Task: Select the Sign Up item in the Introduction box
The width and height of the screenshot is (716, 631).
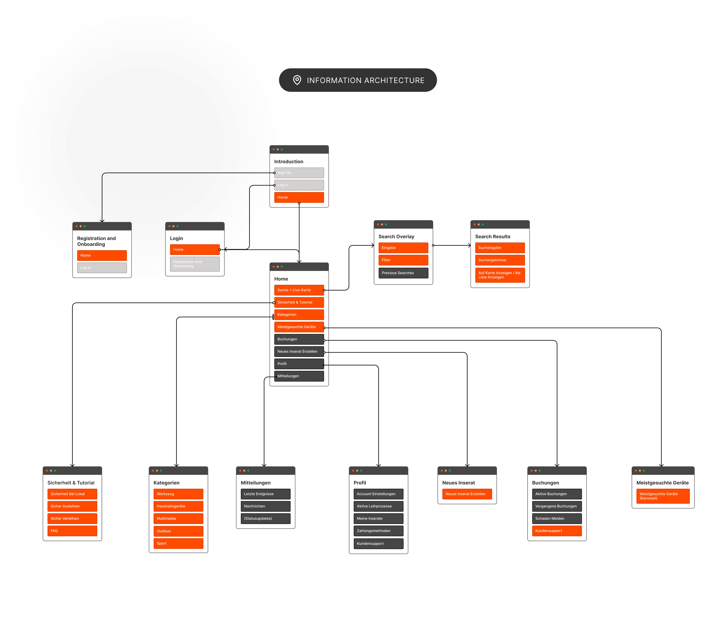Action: pos(299,173)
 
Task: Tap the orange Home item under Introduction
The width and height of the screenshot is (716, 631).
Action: pos(299,197)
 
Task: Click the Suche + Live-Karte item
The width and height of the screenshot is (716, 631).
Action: pos(299,290)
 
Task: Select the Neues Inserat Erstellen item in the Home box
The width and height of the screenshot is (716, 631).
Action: pos(299,351)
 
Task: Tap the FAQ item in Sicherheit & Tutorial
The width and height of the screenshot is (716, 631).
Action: pos(72,530)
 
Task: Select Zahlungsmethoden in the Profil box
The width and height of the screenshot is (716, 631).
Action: pos(378,530)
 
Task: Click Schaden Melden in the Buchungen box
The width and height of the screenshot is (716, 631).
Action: pos(557,518)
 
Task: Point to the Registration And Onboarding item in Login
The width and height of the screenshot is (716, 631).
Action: pos(195,264)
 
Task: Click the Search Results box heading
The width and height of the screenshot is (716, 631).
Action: pos(492,236)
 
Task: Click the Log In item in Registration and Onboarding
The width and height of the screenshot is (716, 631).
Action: pos(102,267)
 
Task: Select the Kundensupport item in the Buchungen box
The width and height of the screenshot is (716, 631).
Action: pos(557,530)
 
